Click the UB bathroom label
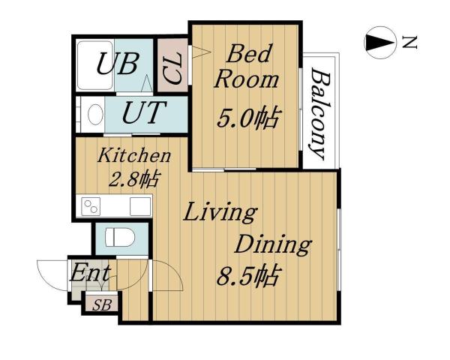point(116,64)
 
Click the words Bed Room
point(245,67)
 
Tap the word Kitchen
point(135,156)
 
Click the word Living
point(220,212)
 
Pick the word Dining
point(273,244)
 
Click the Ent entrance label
point(91,273)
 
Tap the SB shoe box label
point(98,304)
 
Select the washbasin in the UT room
point(94,114)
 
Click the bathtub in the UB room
point(94,64)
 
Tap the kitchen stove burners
point(91,205)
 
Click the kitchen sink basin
point(139,205)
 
